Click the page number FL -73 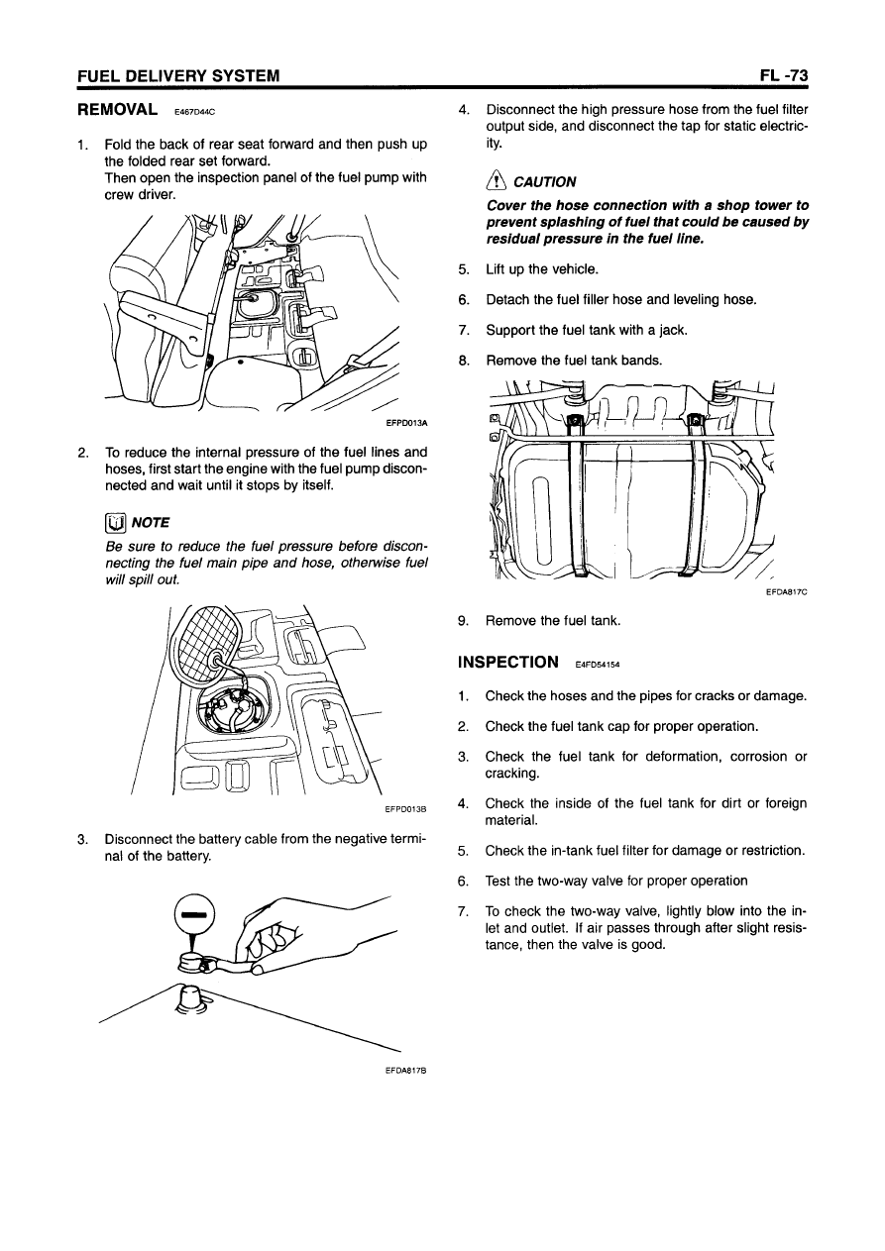click(786, 76)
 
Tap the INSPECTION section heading click(508, 661)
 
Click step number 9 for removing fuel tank click(463, 621)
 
